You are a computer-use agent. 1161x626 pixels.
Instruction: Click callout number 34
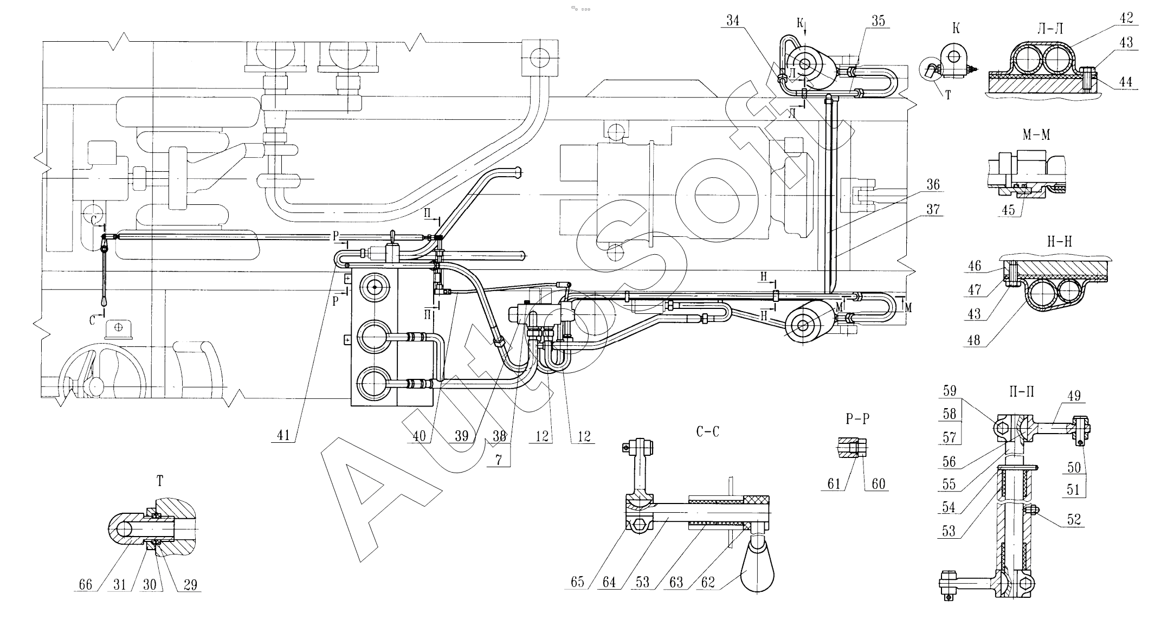click(x=733, y=21)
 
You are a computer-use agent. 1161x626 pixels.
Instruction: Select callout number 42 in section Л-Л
click(x=1126, y=18)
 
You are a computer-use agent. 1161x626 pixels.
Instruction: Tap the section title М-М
click(x=1036, y=134)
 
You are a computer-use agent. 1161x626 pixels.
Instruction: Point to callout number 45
click(x=1008, y=210)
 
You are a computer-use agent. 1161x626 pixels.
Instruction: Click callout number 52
click(x=1073, y=519)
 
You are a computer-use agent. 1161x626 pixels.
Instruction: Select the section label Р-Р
click(x=857, y=419)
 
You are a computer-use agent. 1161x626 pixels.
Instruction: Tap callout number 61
click(x=834, y=483)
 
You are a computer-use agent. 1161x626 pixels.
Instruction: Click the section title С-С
click(x=708, y=432)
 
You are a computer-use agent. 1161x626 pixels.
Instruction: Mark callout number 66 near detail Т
click(x=86, y=585)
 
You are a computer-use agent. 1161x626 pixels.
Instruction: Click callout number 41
click(x=283, y=435)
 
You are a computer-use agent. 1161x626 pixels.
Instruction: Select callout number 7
click(x=498, y=460)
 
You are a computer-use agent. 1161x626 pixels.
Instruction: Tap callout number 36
click(x=933, y=185)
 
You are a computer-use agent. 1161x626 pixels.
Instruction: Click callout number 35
click(x=878, y=21)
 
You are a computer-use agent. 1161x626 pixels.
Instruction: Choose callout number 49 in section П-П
click(x=1073, y=396)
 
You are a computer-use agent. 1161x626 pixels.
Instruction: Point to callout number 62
click(x=708, y=583)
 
